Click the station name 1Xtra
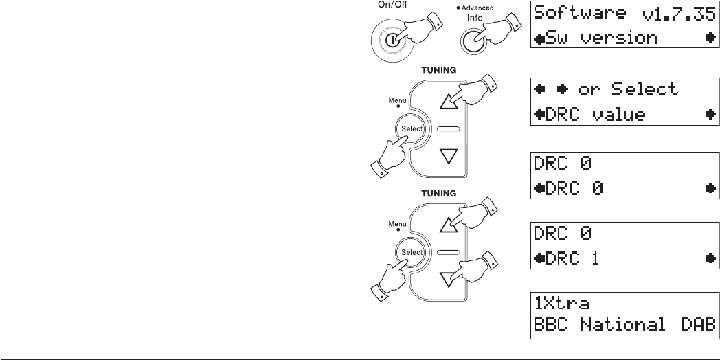tap(562, 303)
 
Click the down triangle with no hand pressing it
tap(447, 156)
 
